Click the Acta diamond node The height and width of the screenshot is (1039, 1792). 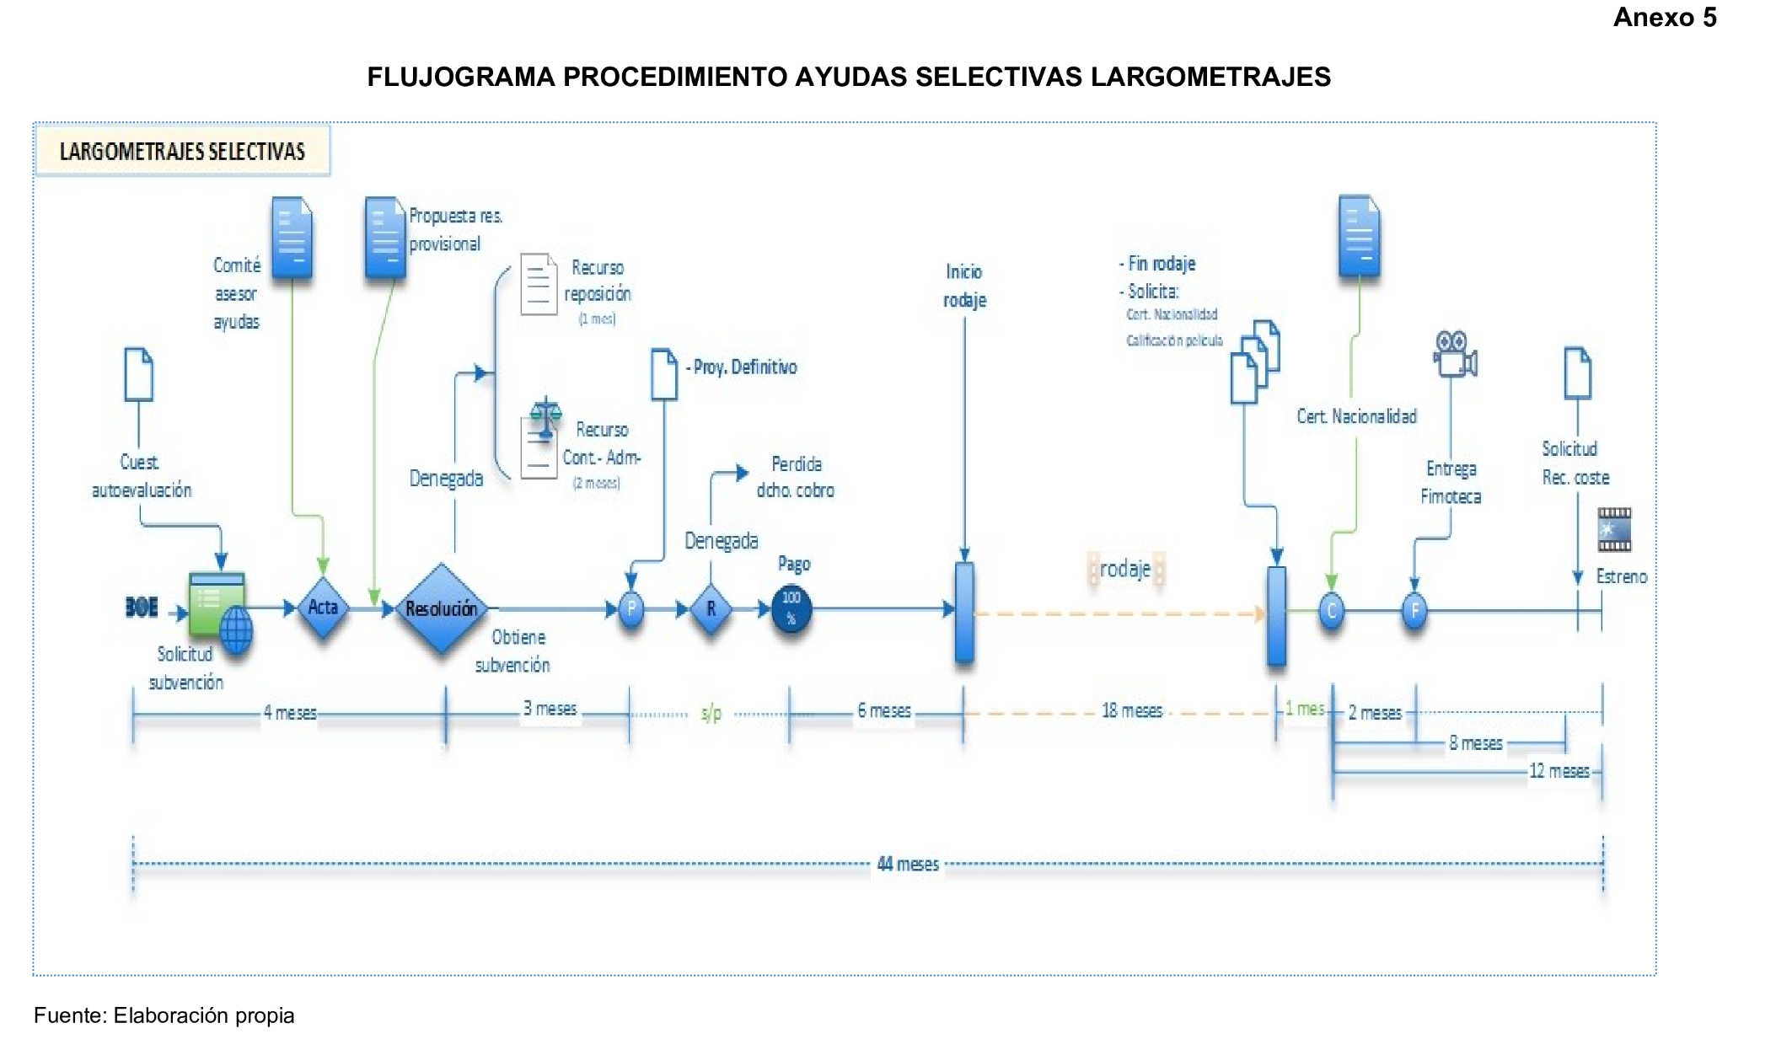click(x=323, y=607)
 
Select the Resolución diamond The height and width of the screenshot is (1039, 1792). click(x=441, y=608)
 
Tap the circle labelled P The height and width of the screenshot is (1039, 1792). click(x=631, y=608)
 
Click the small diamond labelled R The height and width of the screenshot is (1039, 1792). click(x=711, y=608)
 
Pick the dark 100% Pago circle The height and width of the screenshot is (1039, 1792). click(x=791, y=608)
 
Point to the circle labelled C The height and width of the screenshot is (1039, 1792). click(x=1331, y=610)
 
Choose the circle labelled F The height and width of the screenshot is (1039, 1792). click(x=1414, y=610)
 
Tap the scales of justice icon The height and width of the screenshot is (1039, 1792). click(x=545, y=417)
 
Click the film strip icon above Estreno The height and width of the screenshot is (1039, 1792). click(x=1614, y=529)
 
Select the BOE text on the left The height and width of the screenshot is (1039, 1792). click(x=142, y=607)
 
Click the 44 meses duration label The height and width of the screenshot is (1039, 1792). click(x=908, y=864)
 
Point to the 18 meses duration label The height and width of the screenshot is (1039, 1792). click(x=1131, y=710)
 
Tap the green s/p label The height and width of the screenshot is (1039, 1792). click(x=711, y=714)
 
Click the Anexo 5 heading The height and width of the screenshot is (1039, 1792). click(x=1664, y=18)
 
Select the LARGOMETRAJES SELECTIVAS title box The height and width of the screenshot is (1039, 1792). click(x=182, y=151)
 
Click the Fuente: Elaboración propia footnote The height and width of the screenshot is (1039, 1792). click(x=164, y=1015)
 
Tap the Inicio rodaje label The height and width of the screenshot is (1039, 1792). click(x=964, y=286)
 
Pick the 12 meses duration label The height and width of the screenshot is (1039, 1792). click(x=1559, y=771)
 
